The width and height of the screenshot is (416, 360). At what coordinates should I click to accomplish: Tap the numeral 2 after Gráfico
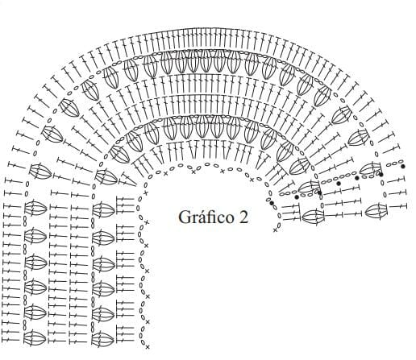click(x=243, y=217)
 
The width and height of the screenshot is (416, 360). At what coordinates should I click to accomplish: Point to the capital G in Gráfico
click(x=184, y=217)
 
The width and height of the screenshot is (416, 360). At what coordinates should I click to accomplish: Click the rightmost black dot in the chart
click(x=403, y=166)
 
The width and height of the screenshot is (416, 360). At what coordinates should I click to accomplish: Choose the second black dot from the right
click(x=381, y=175)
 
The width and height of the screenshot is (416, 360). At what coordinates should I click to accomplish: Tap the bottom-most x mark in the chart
click(x=148, y=347)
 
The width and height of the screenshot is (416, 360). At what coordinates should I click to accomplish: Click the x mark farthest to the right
click(x=275, y=230)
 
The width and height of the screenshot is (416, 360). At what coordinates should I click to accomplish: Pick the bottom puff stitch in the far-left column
click(x=35, y=338)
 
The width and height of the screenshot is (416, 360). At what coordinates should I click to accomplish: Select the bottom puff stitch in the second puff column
click(x=102, y=339)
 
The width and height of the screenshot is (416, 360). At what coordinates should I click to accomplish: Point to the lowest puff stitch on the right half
click(x=313, y=216)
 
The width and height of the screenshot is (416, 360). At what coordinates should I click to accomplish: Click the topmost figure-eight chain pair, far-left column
click(x=26, y=220)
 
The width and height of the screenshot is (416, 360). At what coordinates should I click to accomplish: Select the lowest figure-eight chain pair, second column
click(x=93, y=325)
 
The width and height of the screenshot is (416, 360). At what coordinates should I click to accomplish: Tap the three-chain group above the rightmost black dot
click(x=395, y=163)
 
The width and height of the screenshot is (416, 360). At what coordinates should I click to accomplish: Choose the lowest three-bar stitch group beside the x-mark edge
click(x=125, y=333)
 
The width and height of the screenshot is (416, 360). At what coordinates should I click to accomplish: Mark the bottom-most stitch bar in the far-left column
click(x=11, y=340)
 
